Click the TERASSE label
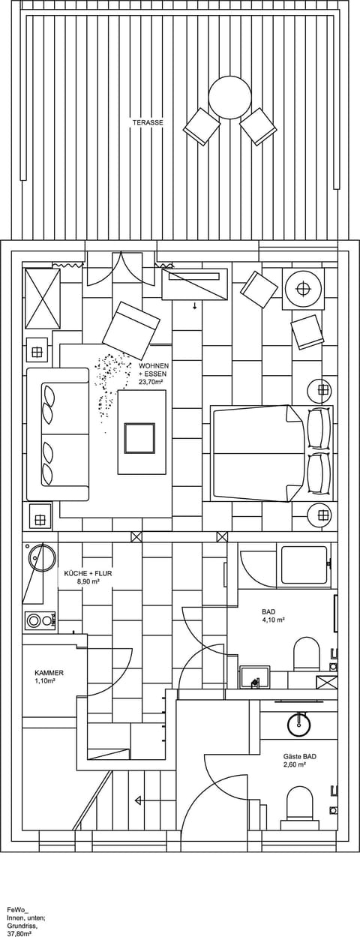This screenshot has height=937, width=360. pyautogui.click(x=148, y=122)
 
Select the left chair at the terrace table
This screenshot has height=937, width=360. pyautogui.click(x=201, y=127)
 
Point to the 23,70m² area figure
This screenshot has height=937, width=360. pyautogui.click(x=151, y=382)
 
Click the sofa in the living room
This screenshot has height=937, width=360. pyautogui.click(x=58, y=434)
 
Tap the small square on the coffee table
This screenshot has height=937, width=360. pyautogui.click(x=139, y=438)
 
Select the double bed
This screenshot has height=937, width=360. pyautogui.click(x=259, y=453)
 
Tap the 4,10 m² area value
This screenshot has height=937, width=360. pyautogui.click(x=274, y=620)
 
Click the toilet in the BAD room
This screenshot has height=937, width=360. pyautogui.click(x=307, y=653)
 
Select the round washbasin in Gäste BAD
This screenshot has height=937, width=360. pyautogui.click(x=299, y=724)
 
